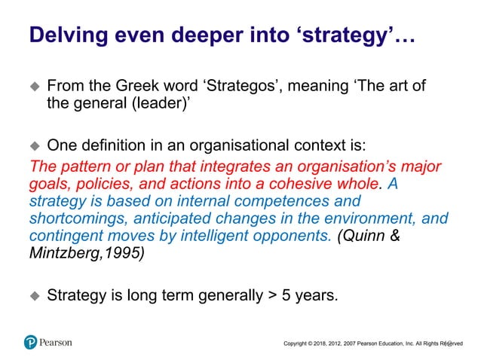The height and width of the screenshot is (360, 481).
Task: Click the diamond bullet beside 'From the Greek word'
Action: coord(33,87)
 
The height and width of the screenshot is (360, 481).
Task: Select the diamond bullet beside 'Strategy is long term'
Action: coord(33,296)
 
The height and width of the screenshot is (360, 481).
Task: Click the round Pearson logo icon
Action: coord(30,342)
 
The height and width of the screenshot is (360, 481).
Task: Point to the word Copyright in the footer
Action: coord(298,344)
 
